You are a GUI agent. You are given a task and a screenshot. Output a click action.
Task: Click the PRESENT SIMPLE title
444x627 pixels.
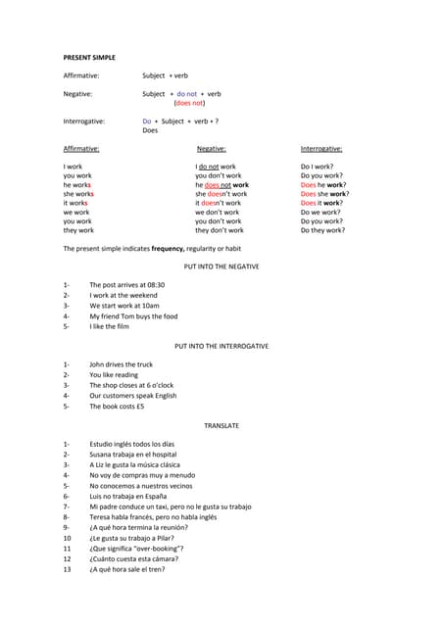pyautogui.click(x=89, y=58)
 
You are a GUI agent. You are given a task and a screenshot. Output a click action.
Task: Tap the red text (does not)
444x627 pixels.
pyautogui.click(x=189, y=103)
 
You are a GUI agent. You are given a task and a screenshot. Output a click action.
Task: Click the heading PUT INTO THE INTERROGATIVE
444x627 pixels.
pyautogui.click(x=222, y=346)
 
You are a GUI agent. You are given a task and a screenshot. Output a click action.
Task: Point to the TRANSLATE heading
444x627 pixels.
pyautogui.click(x=222, y=426)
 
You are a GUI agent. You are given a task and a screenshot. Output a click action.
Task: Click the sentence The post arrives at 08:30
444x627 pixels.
pyautogui.click(x=126, y=284)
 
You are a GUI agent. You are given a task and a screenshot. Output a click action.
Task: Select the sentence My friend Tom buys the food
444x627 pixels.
pyautogui.click(x=133, y=316)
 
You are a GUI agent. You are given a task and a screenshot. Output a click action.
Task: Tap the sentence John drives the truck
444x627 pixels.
pyautogui.click(x=121, y=364)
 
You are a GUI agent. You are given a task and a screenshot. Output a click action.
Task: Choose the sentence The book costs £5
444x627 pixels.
pyautogui.click(x=117, y=407)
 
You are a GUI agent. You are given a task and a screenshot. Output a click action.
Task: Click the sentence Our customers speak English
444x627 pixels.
pyautogui.click(x=132, y=396)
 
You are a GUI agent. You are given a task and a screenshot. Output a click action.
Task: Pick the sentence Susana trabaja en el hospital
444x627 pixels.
pyautogui.click(x=132, y=455)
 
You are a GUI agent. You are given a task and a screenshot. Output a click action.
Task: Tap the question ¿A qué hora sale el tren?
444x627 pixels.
pyautogui.click(x=126, y=569)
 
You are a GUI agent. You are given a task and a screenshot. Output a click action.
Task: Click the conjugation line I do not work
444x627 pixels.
pyautogui.click(x=216, y=168)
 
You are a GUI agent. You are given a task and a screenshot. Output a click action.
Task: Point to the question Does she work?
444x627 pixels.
pyautogui.click(x=324, y=194)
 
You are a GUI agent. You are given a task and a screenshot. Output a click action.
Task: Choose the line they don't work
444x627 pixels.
pyautogui.click(x=220, y=230)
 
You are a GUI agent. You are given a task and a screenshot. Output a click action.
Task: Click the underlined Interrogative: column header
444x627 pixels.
pyautogui.click(x=321, y=149)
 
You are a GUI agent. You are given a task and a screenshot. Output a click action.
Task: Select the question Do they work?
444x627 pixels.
pyautogui.click(x=322, y=230)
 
